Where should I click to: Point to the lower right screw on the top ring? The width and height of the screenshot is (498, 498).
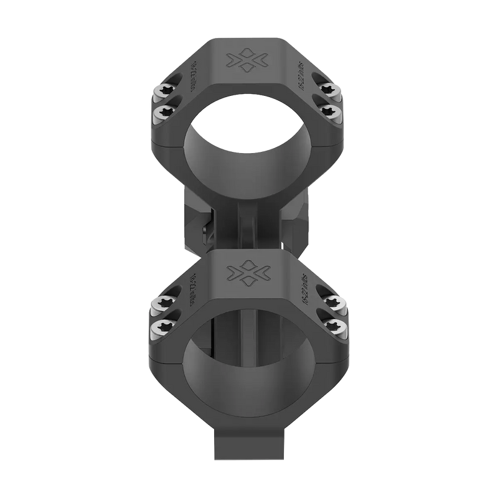(331, 112)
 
